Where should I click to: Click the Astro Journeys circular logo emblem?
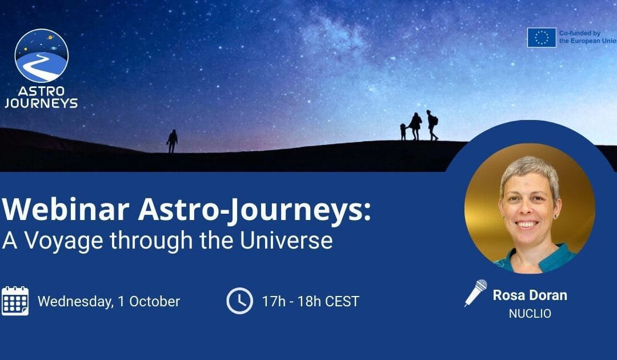42,55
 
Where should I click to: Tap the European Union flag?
542,37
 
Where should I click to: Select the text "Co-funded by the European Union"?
588,37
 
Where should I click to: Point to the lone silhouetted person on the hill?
172,141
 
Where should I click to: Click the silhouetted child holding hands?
403,132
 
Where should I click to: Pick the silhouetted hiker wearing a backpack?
432,125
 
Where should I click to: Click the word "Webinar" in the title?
66,210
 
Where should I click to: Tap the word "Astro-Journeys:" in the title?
254,211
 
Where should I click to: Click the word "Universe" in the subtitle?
286,240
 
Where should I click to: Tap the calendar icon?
15,301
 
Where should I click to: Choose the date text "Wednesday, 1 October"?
109,301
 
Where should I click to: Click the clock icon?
239,301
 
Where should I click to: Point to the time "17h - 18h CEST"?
310,301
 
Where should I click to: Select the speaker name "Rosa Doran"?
530,295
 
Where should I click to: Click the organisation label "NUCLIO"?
530,314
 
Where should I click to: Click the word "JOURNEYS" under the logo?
41,103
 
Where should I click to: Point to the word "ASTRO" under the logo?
41,91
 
